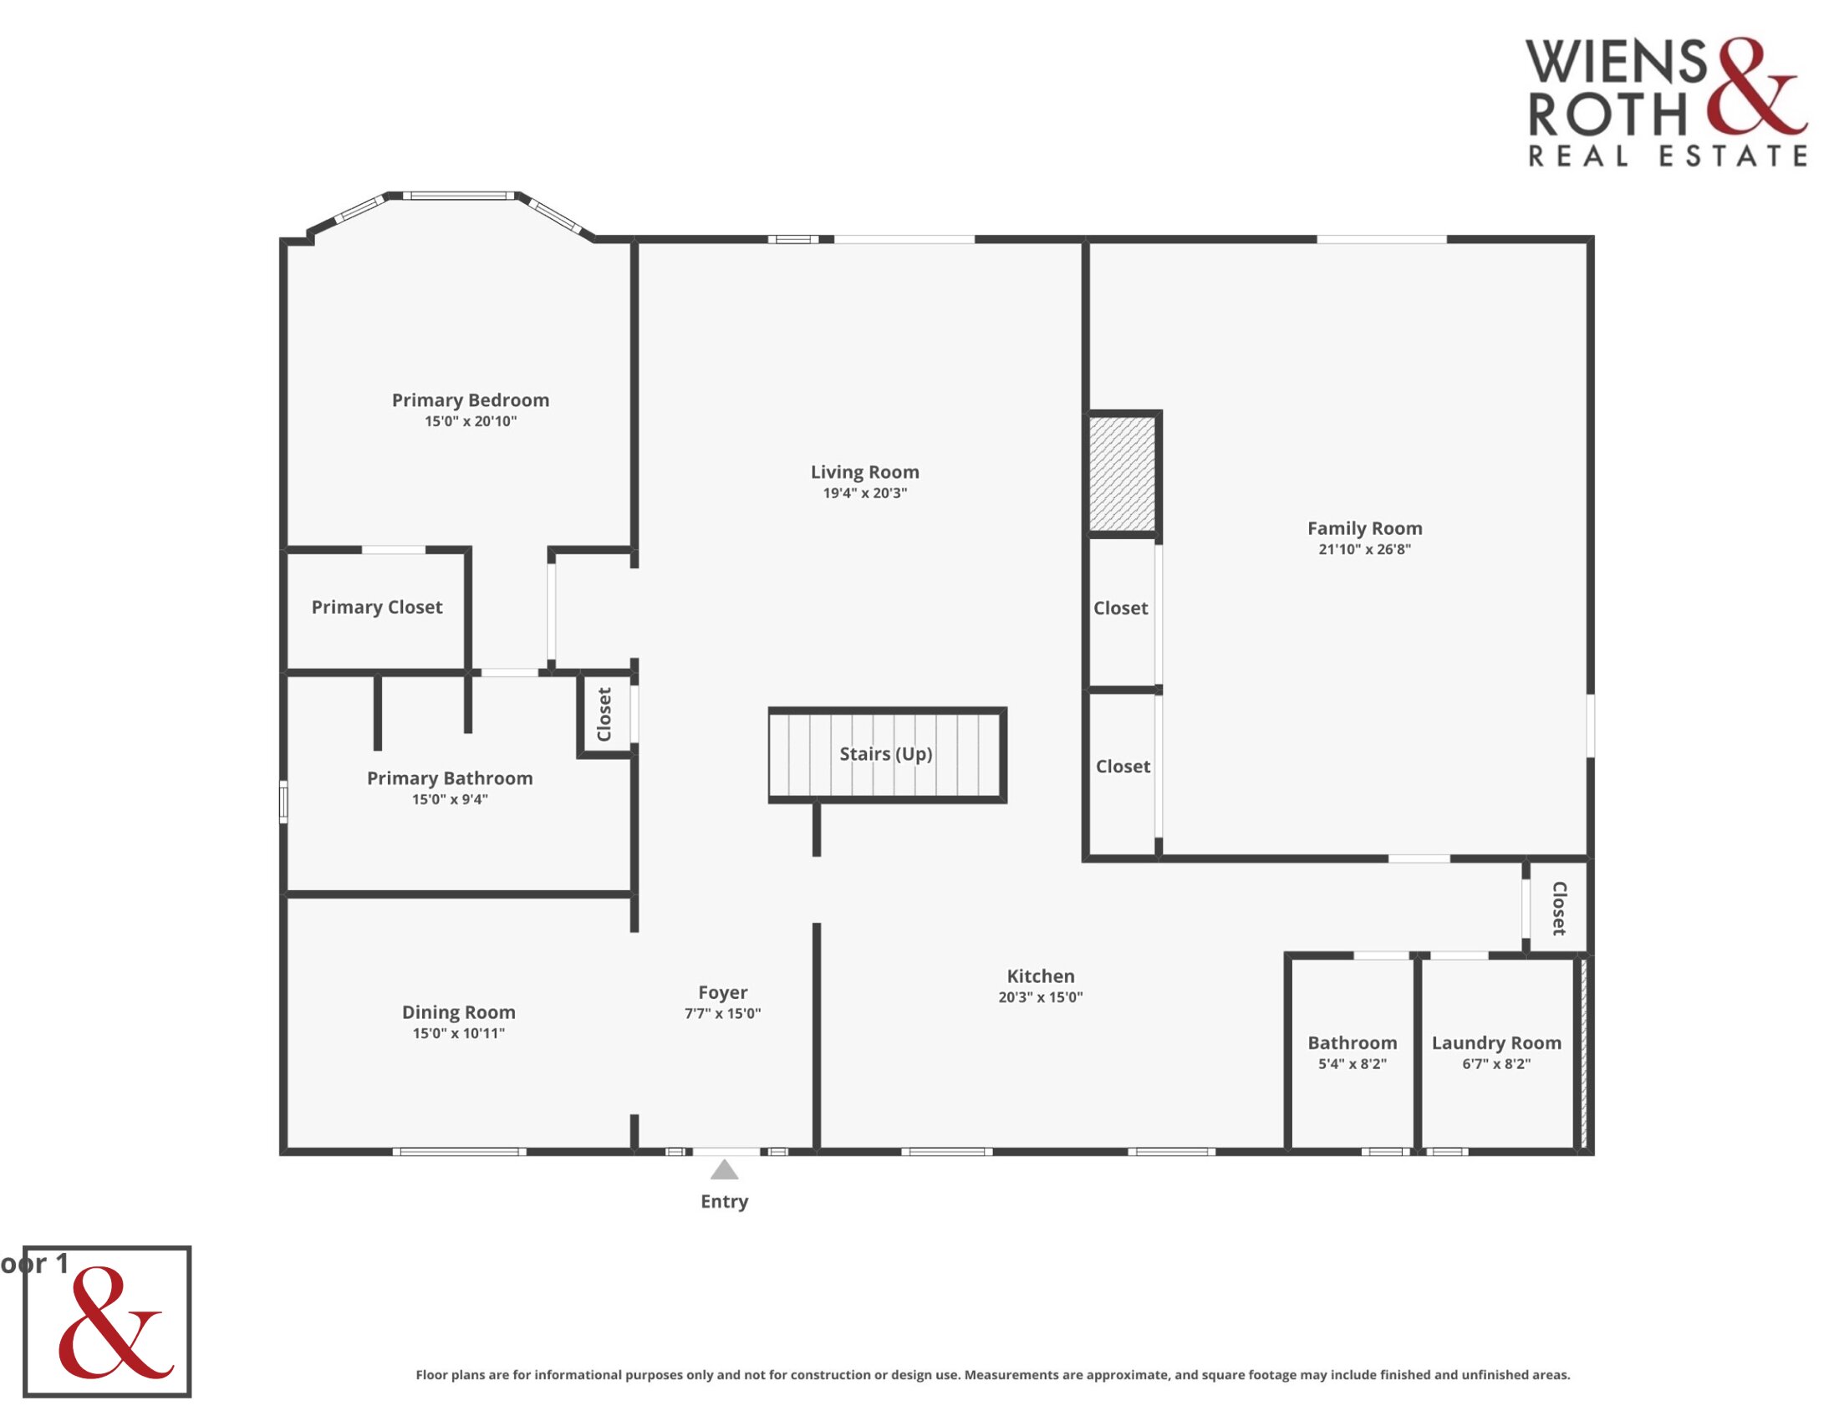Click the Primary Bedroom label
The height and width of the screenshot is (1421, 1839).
click(x=470, y=400)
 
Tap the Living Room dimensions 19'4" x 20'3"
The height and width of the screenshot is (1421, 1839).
click(x=865, y=493)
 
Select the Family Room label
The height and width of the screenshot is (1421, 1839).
click(x=1364, y=528)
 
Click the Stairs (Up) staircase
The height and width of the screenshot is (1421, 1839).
click(x=887, y=754)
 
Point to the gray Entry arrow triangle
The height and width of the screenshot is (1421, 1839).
click(x=724, y=1169)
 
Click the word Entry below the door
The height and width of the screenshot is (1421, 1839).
click(x=724, y=1202)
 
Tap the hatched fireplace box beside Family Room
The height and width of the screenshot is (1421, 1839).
click(x=1123, y=473)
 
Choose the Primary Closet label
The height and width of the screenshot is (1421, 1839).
click(x=376, y=608)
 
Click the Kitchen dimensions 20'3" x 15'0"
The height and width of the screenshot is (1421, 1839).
click(x=1041, y=997)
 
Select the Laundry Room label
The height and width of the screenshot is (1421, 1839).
click(x=1496, y=1043)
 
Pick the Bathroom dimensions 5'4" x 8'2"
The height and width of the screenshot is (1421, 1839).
click(x=1353, y=1064)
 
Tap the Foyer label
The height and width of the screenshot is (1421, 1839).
click(x=722, y=992)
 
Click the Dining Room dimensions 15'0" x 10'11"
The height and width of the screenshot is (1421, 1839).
click(x=458, y=1034)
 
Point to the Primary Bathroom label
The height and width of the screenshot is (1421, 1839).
click(x=450, y=779)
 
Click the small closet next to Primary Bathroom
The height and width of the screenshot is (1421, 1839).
click(x=605, y=715)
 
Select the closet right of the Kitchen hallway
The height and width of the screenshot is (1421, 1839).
click(x=1558, y=909)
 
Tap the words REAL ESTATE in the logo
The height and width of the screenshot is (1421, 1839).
click(x=1668, y=156)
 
